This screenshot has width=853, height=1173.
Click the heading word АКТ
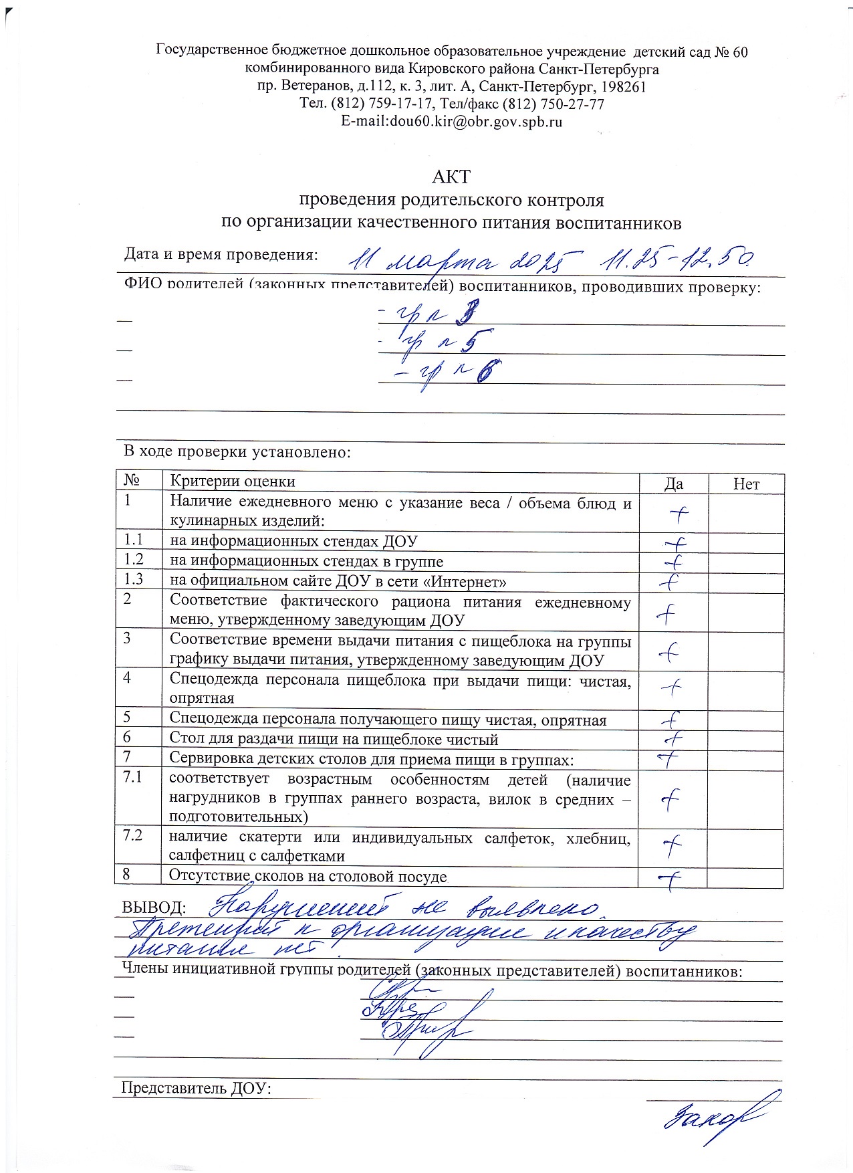(x=451, y=177)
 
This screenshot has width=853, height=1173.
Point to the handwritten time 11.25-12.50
(x=679, y=259)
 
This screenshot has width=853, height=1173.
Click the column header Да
(x=673, y=484)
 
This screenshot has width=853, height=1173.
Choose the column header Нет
(x=746, y=484)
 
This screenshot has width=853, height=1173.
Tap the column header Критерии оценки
(x=232, y=482)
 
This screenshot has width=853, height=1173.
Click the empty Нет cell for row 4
(x=745, y=690)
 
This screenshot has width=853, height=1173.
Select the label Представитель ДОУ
(x=195, y=1088)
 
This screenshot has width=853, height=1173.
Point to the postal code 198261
(x=623, y=87)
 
